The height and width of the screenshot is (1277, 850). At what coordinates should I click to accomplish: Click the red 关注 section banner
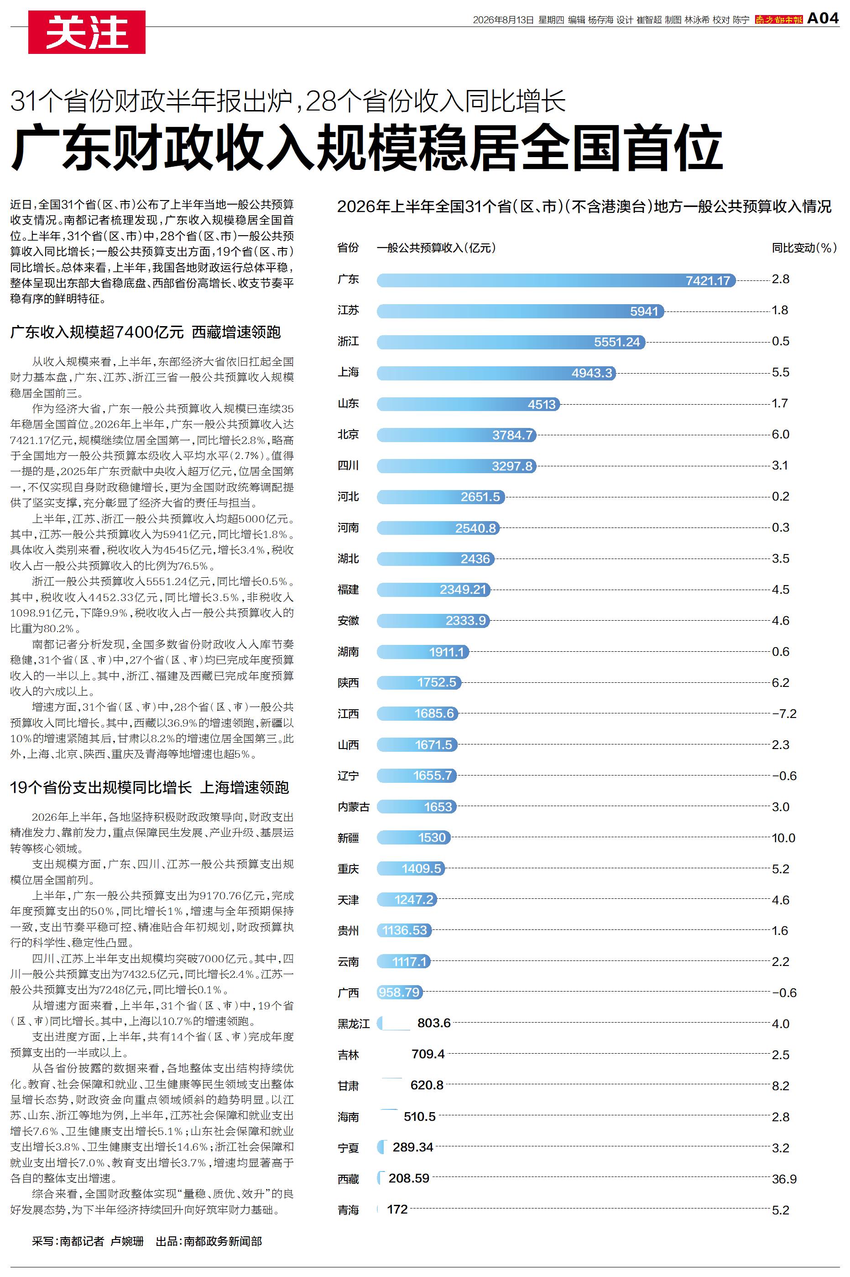87,32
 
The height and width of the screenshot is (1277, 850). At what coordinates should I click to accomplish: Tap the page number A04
823,18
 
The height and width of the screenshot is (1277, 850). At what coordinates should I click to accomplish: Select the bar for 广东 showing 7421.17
556,280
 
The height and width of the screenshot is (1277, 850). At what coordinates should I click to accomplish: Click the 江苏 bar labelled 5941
521,311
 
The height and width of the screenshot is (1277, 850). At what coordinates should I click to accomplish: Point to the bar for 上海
496,373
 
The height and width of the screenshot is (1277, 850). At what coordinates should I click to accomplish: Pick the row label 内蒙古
354,807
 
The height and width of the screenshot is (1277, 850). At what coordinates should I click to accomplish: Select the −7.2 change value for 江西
784,714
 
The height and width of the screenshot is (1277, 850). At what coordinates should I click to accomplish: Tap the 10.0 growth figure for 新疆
783,838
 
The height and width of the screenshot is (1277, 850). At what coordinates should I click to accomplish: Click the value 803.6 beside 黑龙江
434,1023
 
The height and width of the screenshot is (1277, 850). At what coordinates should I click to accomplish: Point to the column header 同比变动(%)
804,248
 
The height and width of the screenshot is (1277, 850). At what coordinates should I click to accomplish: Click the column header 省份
348,248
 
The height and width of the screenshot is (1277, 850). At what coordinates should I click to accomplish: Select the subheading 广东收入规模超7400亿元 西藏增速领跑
145,332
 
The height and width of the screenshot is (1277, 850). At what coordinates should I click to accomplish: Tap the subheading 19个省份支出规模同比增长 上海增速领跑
150,787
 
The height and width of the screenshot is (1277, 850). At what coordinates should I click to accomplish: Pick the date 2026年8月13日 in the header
503,20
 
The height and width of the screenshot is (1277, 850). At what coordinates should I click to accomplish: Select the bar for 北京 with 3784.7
456,435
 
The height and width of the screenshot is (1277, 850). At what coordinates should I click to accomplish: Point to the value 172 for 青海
397,1209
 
